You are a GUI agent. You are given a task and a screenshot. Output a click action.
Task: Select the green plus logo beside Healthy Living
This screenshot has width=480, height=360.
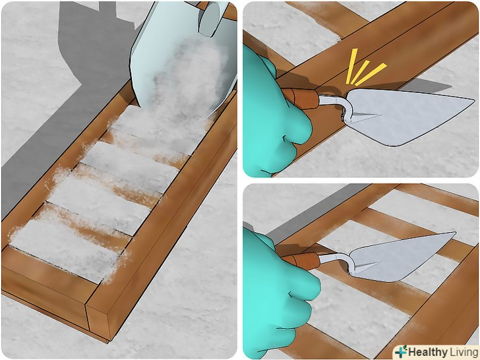point(401,351)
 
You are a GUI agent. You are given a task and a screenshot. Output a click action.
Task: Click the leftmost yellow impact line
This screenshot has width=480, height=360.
point(351,66)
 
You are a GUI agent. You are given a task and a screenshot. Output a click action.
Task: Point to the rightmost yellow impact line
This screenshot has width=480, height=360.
point(371,75)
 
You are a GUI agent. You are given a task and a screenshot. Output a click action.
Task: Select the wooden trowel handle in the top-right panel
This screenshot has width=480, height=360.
point(301,98)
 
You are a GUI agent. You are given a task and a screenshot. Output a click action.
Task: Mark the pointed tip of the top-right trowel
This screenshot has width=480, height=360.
point(474,100)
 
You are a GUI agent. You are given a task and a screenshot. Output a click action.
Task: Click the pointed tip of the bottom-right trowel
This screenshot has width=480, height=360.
point(455,233)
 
